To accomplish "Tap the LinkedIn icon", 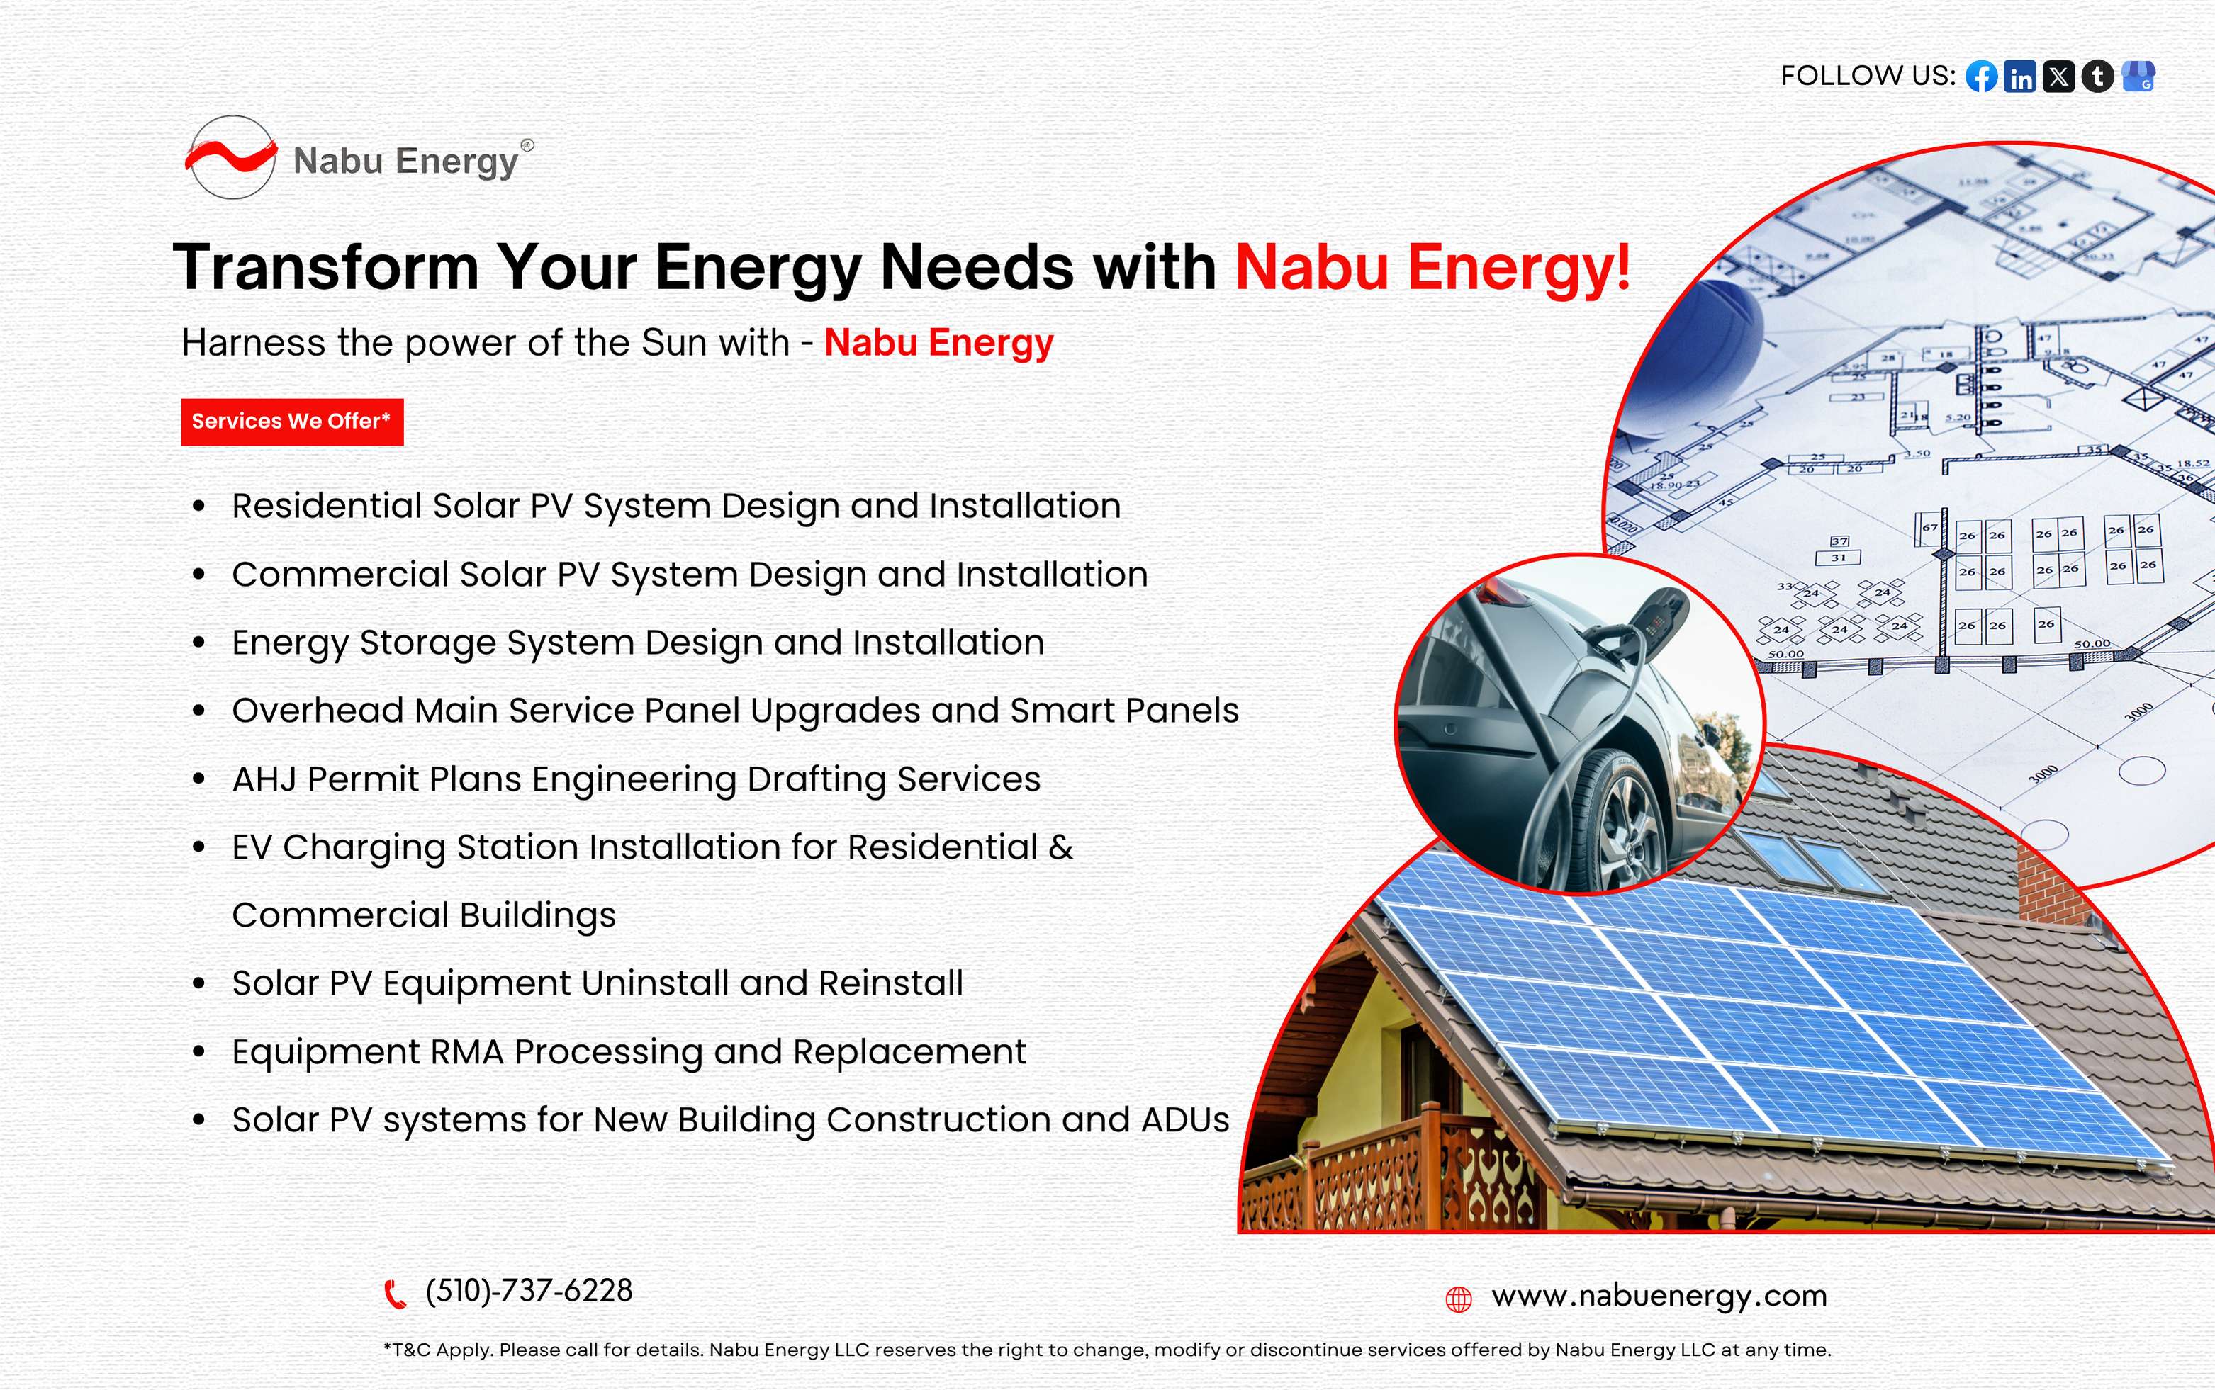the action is point(2020,77).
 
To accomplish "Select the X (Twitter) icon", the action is point(2058,77).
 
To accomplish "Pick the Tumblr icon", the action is point(2097,77).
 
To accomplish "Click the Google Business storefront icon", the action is point(2138,77).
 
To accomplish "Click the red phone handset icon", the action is point(395,1294).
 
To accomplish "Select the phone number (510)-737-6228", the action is point(529,1291).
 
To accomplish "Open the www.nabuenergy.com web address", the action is point(1659,1296).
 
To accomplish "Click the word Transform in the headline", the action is point(325,268).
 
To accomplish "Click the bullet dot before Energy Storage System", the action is point(198,643).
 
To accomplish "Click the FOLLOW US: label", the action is point(1868,75).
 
